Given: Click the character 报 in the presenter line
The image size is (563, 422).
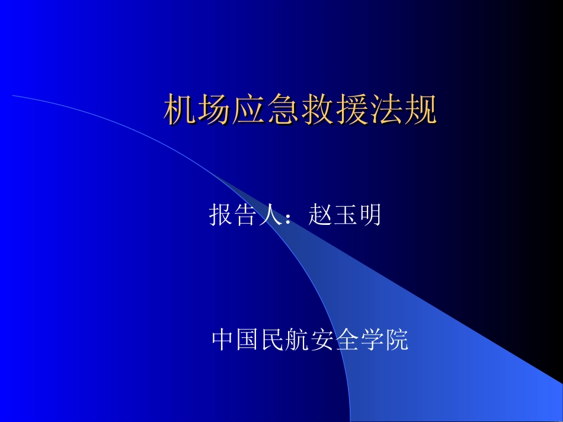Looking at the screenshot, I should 220,215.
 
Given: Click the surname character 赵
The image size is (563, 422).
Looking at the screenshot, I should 319,215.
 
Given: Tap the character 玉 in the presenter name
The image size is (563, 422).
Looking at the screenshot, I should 344,215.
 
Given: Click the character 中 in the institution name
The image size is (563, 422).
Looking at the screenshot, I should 223,340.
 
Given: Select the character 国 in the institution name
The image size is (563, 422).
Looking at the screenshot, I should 248,340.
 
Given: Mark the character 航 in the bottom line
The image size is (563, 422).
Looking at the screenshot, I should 298,340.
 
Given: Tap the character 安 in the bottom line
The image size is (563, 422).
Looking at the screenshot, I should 323,340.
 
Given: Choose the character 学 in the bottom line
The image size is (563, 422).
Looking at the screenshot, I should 373,340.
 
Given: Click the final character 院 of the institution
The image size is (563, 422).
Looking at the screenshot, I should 398,340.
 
